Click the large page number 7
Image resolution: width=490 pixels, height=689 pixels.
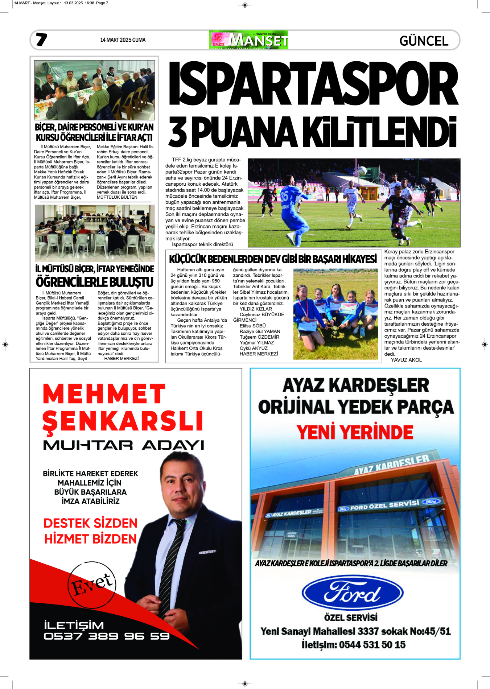click(41, 40)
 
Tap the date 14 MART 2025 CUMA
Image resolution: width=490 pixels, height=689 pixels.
click(123, 40)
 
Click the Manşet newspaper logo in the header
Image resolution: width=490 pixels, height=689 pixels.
click(248, 40)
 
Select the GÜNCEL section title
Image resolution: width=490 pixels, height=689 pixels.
click(424, 41)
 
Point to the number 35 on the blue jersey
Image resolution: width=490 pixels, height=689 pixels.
click(285, 196)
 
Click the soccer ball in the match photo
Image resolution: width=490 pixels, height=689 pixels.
click(362, 170)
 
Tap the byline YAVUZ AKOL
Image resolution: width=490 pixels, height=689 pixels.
click(406, 360)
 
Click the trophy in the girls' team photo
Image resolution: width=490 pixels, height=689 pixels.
click(335, 331)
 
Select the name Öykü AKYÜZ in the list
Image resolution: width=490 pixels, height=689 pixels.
click(254, 348)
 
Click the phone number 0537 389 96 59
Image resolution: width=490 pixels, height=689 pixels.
click(107, 636)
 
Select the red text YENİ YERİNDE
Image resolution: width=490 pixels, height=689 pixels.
click(355, 432)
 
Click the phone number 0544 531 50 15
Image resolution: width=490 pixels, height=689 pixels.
click(372, 645)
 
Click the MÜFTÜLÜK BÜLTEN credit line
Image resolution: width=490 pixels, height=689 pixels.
click(117, 197)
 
